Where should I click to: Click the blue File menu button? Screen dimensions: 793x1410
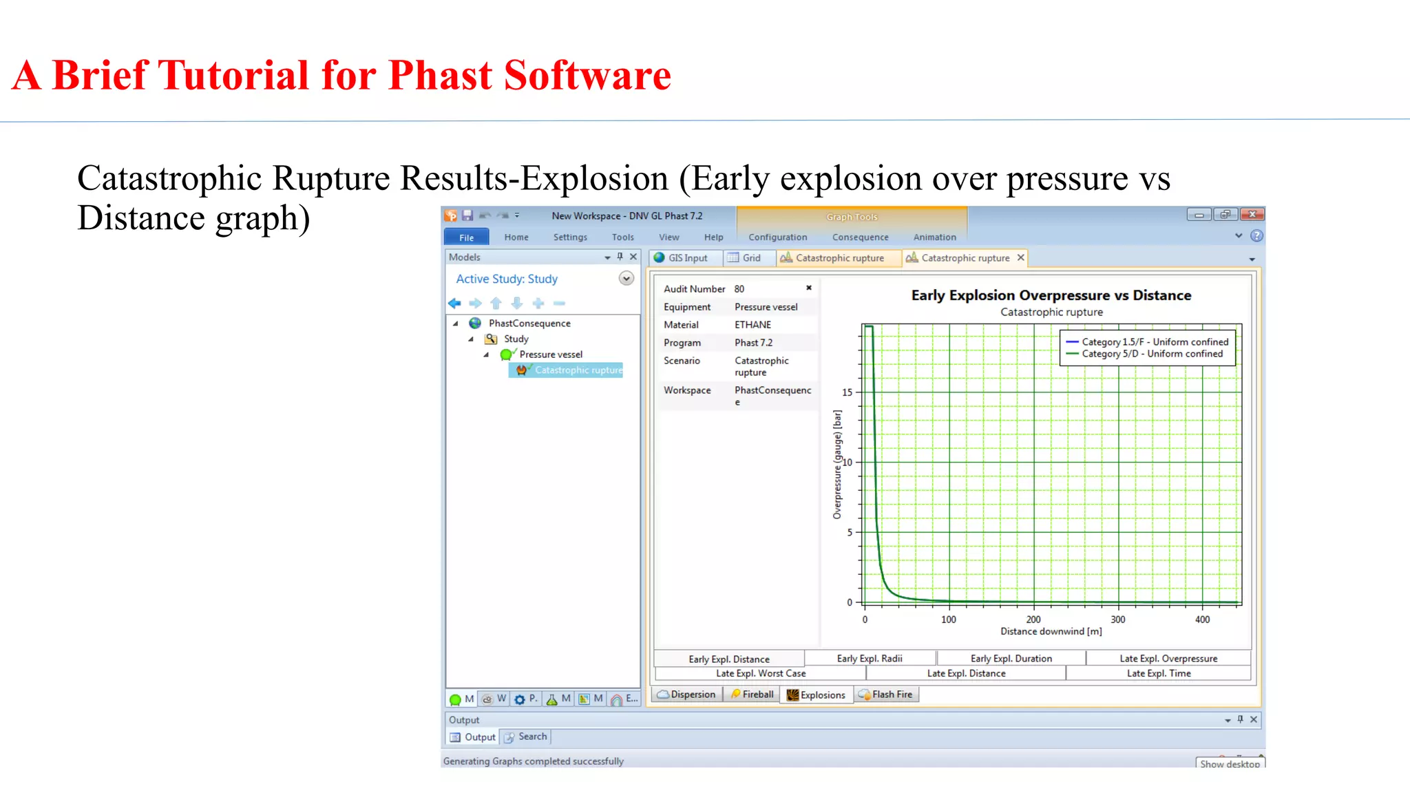coord(466,237)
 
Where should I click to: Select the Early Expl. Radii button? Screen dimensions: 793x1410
coord(869,659)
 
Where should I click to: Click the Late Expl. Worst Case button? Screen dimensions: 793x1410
coord(760,673)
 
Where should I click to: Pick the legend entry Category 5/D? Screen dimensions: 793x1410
coord(1151,354)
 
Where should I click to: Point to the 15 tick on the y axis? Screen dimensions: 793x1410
coord(848,392)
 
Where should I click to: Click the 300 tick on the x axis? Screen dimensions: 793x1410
coord(1118,620)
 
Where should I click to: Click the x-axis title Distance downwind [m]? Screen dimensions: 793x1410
coord(1051,631)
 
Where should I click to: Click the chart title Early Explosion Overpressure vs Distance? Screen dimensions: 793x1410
coord(1051,295)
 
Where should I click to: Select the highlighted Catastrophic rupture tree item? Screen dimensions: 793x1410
coord(578,370)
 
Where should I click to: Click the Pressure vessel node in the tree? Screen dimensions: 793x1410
coord(550,355)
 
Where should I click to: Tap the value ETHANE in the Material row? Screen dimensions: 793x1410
coord(753,325)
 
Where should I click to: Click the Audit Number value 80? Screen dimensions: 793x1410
coord(739,289)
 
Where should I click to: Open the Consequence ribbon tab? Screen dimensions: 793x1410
coord(860,237)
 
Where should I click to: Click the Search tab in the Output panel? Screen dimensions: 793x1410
coord(532,737)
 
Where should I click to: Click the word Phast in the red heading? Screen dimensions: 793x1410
coord(440,75)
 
